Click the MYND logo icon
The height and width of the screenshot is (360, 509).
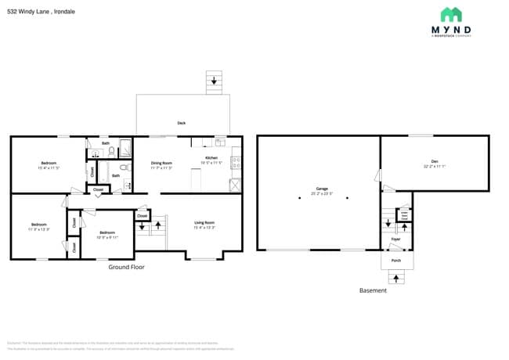(x=450, y=14)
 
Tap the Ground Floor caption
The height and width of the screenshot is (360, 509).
(x=126, y=267)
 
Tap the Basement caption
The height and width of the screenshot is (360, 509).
(x=373, y=290)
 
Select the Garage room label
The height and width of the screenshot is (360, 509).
(x=322, y=189)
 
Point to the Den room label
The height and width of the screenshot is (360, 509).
(x=435, y=162)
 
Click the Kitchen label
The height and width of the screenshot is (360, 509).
(x=211, y=158)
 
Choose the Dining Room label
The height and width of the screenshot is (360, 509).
(x=161, y=163)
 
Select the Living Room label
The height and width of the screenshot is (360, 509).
(x=204, y=223)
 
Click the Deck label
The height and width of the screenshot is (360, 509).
(x=181, y=123)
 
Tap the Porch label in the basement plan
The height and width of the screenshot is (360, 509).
(x=395, y=260)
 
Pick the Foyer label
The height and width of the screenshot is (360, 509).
(x=395, y=239)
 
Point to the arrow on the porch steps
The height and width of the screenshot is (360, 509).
(x=395, y=277)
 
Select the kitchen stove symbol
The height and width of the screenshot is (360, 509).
(x=236, y=165)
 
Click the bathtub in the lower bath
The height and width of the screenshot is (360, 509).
(x=92, y=170)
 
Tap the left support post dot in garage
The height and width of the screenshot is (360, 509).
(x=299, y=198)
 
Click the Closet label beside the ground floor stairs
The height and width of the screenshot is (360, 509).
(x=142, y=215)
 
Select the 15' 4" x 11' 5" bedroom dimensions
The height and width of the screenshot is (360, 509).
(x=49, y=168)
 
